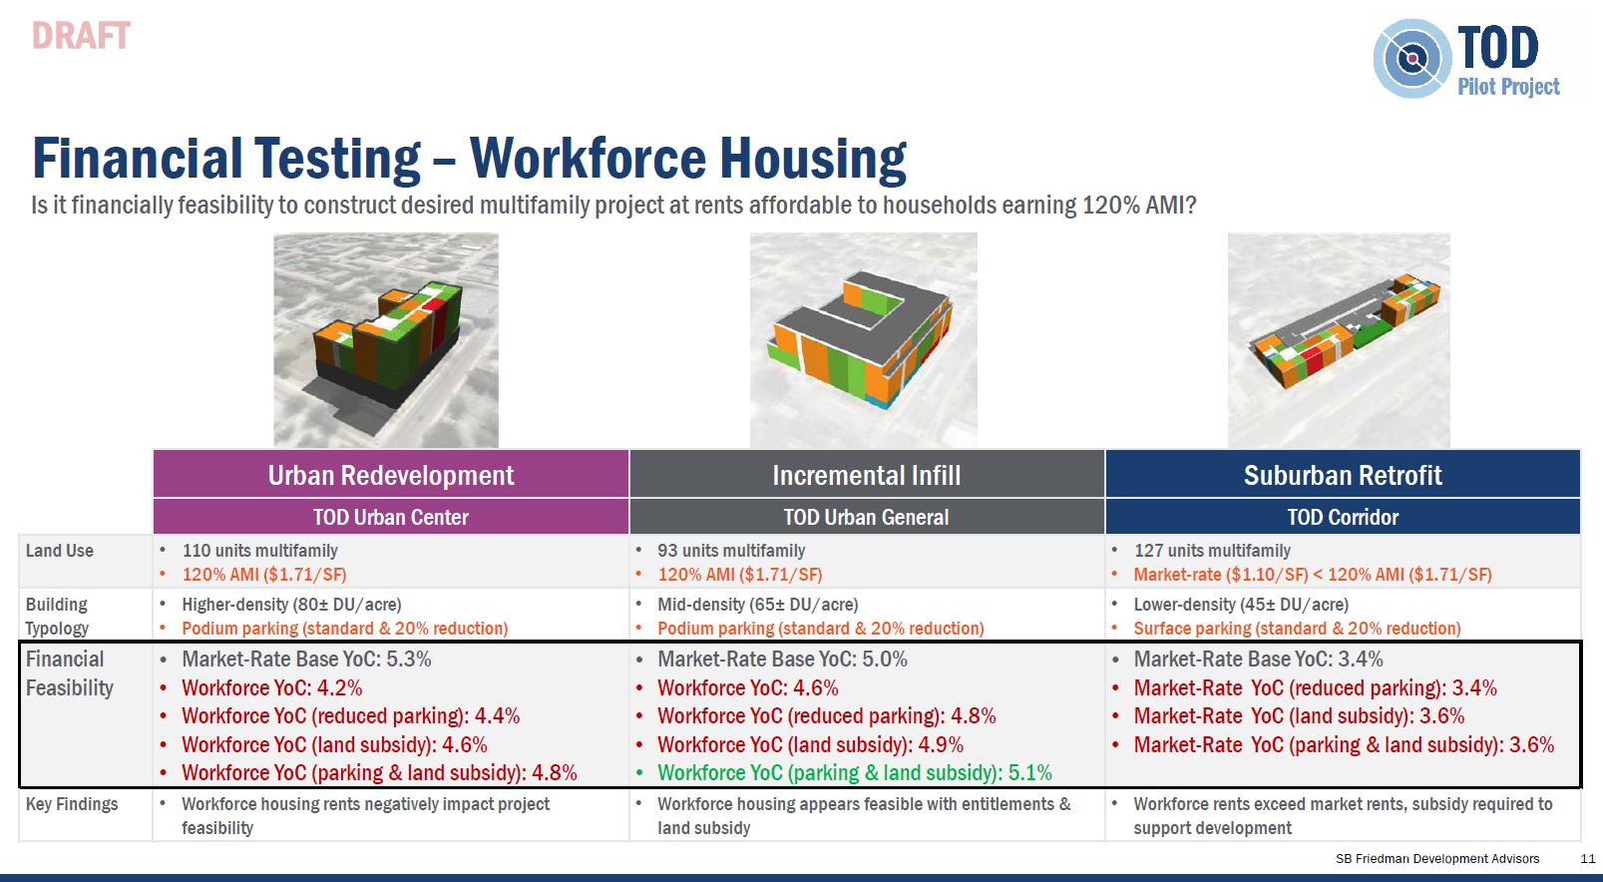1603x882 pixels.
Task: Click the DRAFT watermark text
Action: coord(81,36)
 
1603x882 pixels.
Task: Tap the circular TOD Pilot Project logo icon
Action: coord(1411,59)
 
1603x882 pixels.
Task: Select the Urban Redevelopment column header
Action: coord(391,475)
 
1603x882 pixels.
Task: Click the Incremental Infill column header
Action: coord(867,475)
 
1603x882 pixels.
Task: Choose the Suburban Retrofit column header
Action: coord(1343,475)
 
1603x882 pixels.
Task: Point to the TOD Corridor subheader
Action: coord(1343,517)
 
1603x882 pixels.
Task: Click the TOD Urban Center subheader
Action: coord(391,517)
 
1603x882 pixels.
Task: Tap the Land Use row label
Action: coord(60,551)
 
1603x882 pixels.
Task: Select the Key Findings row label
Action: coord(72,804)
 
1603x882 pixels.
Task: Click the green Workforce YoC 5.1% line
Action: coord(855,773)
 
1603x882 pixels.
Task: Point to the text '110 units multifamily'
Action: coord(259,551)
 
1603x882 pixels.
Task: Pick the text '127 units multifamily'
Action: coord(1212,551)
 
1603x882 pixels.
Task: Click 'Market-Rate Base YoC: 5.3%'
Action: coord(306,659)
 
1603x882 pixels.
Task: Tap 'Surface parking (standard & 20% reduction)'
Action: coord(1297,628)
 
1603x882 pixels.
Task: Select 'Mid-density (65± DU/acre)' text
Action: coord(758,605)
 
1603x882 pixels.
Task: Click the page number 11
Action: coord(1587,858)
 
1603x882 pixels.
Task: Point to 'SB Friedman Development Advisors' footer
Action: coord(1437,858)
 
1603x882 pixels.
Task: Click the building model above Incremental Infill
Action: coord(862,336)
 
